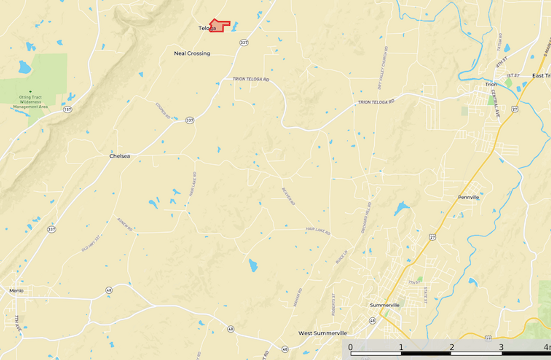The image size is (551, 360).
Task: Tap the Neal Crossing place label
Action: click(192, 54)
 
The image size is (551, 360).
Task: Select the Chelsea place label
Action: click(120, 156)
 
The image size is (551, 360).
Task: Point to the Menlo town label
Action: click(16, 291)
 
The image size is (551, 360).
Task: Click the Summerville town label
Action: click(385, 305)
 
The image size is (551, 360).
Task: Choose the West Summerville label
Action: click(323, 333)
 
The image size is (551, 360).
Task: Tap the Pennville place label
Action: click(468, 197)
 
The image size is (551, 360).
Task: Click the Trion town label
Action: click(491, 84)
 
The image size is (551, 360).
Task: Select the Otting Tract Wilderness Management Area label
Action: click(30, 102)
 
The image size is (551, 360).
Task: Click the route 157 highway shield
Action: click(68, 110)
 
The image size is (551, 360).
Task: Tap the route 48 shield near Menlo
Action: click(109, 290)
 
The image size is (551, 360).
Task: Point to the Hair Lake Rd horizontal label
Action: click(318, 230)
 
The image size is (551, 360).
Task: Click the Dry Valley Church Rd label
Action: click(383, 68)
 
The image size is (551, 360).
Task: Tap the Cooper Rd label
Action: click(163, 111)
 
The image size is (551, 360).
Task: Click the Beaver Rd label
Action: click(289, 196)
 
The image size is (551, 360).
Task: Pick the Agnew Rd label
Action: click(125, 224)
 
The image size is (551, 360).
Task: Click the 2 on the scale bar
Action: click(452, 347)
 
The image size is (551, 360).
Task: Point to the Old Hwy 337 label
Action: click(91, 243)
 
